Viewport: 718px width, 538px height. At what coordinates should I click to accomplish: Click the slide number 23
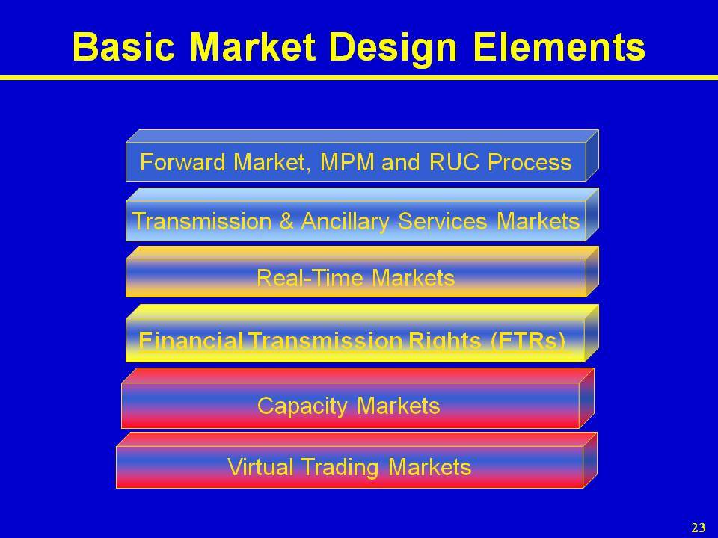(x=699, y=527)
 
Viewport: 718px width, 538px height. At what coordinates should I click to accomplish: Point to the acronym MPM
(x=347, y=162)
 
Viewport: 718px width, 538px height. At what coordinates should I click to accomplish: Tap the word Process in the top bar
(x=530, y=162)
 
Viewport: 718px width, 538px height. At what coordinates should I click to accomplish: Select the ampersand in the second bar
(x=286, y=221)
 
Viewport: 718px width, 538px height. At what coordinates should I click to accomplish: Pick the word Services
(x=442, y=221)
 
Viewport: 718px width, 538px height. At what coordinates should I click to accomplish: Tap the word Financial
(x=191, y=341)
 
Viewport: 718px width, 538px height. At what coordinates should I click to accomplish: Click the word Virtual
(x=260, y=467)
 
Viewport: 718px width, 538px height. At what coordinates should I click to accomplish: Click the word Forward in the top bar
(x=182, y=162)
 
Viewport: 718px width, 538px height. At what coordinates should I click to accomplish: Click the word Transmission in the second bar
(x=201, y=221)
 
